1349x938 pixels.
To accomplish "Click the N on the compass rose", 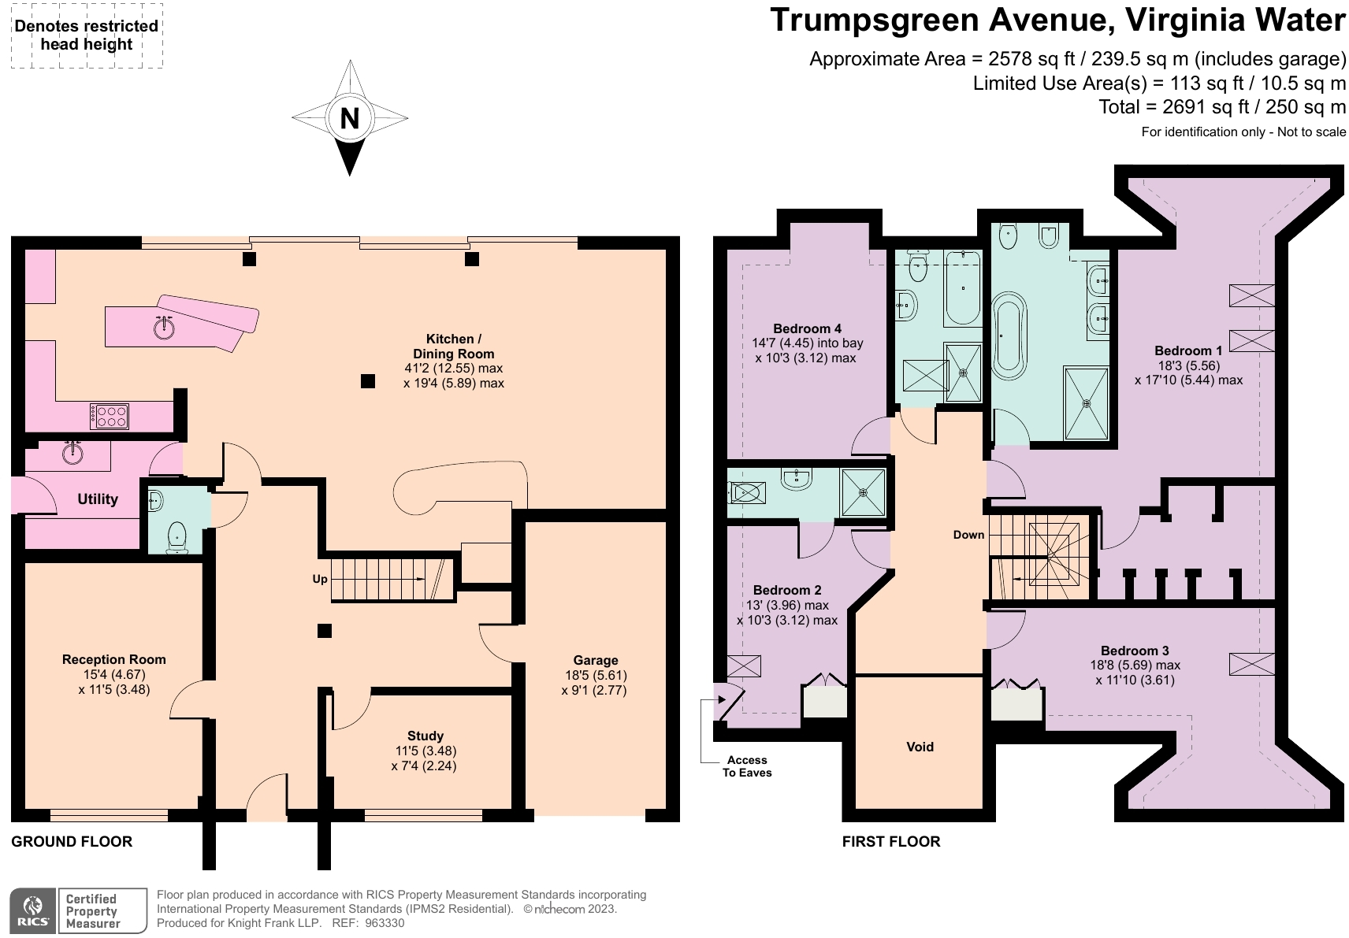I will point(349,118).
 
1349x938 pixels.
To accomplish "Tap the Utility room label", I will point(98,499).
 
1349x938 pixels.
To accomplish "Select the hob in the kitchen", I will point(110,416).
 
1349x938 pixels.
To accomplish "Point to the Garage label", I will point(596,660).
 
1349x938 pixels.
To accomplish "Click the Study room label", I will point(425,736).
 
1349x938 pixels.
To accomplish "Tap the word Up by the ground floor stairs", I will point(320,579).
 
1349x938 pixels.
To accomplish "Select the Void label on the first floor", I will point(920,747).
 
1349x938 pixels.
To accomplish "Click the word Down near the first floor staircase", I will point(968,535).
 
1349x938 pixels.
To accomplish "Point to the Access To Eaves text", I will point(747,766).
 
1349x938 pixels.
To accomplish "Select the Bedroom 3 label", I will point(1135,651).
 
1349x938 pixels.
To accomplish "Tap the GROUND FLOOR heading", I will point(72,842).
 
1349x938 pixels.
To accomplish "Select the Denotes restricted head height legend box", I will point(87,35).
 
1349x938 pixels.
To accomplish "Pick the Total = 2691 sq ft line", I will point(1222,107).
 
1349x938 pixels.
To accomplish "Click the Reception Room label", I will point(114,659).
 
